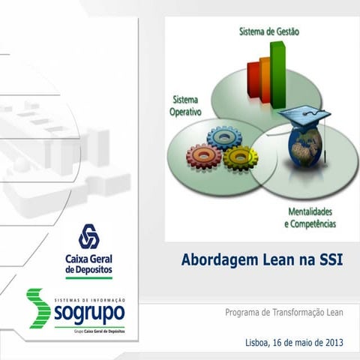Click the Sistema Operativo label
coord(187,106)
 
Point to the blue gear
coord(222,137)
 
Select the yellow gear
coord(240,157)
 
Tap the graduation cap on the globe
coord(309,116)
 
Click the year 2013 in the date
coord(332,342)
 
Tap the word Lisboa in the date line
coord(259,342)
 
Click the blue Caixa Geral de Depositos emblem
coord(89,236)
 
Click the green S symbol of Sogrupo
coord(38,307)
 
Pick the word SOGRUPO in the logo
coord(89,311)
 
